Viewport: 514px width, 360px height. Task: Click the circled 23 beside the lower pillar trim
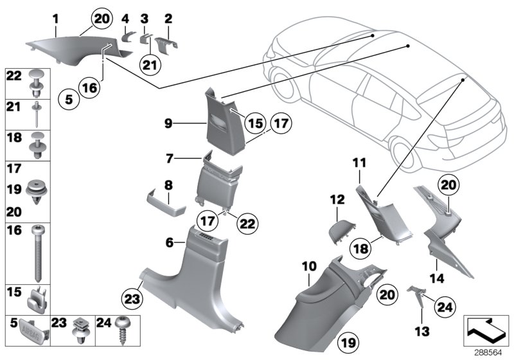click(132, 300)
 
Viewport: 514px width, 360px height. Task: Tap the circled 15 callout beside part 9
click(254, 122)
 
